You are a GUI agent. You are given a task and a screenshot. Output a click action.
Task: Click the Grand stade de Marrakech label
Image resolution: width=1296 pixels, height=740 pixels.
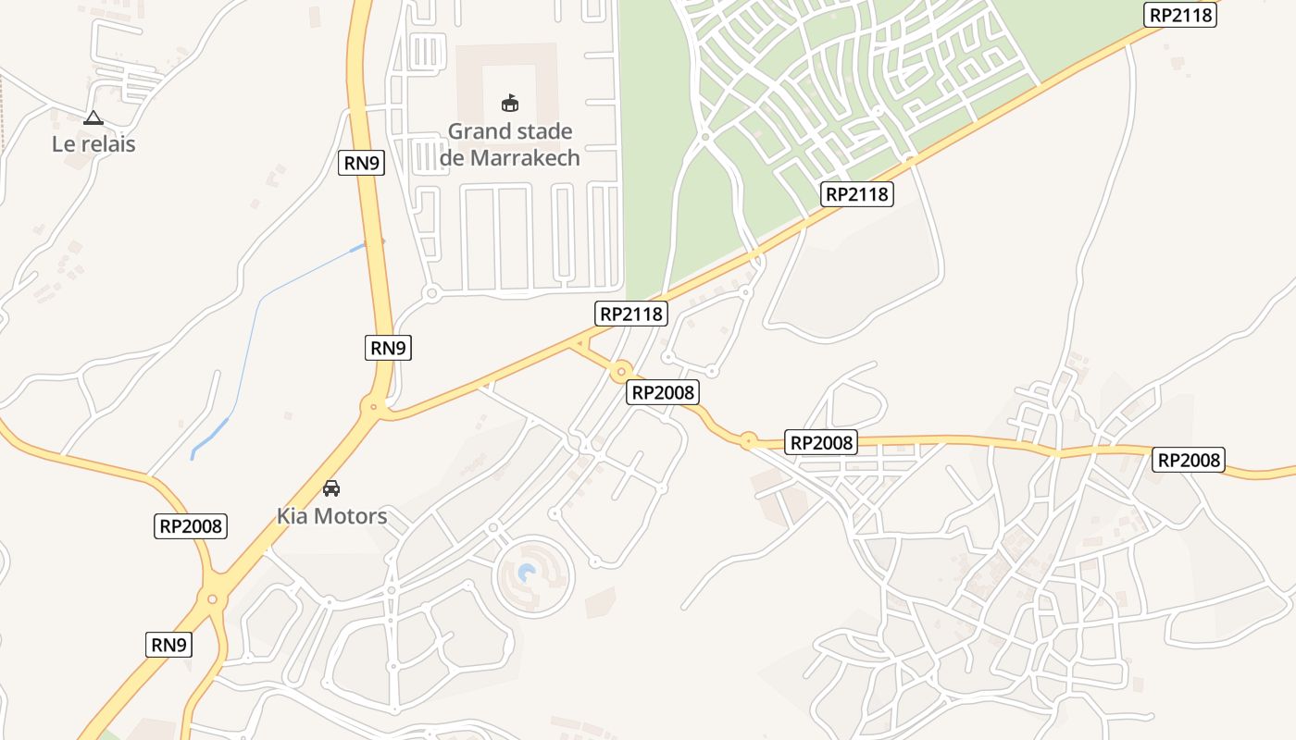[510, 144]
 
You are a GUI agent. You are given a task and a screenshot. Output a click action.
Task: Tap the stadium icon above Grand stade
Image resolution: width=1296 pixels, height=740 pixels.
[510, 103]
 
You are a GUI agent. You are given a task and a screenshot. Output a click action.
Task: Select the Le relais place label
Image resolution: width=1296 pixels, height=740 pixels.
[93, 144]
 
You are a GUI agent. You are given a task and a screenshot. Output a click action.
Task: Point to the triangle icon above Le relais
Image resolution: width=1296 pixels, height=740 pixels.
[93, 118]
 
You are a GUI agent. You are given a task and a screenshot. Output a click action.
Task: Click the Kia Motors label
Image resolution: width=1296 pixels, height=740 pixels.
[331, 516]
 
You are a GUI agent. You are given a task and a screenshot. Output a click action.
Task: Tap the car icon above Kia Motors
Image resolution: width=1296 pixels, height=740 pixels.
[331, 487]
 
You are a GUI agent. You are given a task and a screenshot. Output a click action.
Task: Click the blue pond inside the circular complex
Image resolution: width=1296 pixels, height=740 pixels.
[527, 573]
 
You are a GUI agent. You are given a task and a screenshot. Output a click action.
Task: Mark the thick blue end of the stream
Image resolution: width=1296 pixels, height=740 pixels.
[208, 438]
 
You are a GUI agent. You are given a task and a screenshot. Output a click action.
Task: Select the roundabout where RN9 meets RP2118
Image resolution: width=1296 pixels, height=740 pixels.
[374, 405]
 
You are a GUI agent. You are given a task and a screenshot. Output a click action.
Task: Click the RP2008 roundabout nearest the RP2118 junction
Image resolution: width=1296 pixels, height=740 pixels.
[621, 373]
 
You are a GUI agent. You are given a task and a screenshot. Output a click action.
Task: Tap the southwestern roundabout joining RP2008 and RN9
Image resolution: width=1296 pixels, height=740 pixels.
[213, 599]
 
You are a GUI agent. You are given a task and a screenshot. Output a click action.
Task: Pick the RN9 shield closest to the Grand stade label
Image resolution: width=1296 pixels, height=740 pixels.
[362, 163]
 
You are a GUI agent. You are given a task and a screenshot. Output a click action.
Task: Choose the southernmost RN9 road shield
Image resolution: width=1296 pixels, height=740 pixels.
[168, 645]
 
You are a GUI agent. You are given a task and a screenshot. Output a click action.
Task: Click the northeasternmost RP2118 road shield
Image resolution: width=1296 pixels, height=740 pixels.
[1180, 15]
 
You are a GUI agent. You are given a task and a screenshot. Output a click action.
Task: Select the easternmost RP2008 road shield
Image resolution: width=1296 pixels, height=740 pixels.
[1189, 460]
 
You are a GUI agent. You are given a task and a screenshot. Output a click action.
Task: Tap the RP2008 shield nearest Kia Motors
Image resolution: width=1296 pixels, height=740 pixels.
[191, 526]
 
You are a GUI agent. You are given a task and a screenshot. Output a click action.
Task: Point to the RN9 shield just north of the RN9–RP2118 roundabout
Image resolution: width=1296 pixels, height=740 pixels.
[388, 348]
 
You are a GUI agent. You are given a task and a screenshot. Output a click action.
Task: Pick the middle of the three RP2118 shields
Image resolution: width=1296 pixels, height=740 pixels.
[857, 194]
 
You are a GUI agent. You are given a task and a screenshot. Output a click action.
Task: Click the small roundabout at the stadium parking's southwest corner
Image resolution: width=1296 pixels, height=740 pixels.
[430, 294]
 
